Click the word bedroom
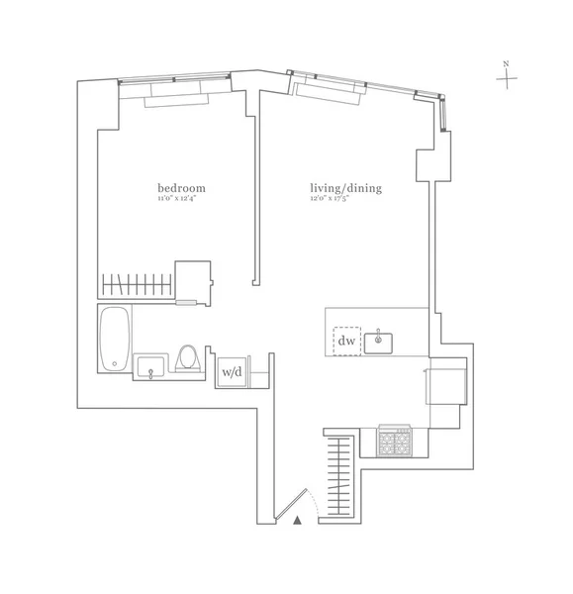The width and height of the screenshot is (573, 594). tap(181, 188)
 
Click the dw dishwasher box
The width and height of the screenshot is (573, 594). tap(347, 342)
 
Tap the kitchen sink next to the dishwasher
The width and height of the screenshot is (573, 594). tap(379, 343)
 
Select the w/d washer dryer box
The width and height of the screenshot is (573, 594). tap(231, 371)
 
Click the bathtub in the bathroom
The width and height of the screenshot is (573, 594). tap(114, 338)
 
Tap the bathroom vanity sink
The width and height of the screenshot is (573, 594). tap(150, 367)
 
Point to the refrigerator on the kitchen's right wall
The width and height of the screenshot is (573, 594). tap(444, 381)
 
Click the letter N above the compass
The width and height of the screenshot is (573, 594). tap(506, 64)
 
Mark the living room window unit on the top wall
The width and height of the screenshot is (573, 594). tap(330, 92)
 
